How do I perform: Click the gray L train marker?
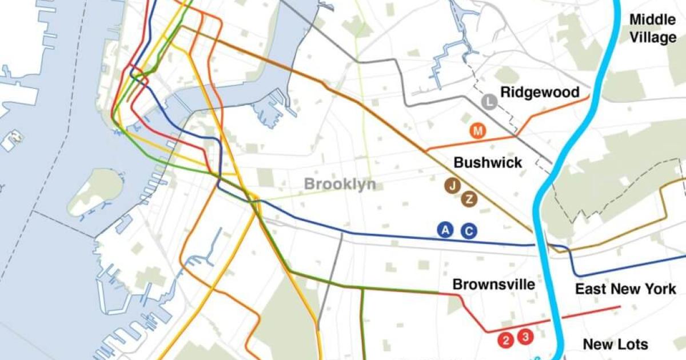[x=489, y=103]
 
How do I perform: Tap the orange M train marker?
[x=478, y=131]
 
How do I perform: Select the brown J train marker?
[x=453, y=185]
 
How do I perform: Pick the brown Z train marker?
[x=469, y=199]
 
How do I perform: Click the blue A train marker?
[x=445, y=230]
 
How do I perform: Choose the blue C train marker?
[x=469, y=230]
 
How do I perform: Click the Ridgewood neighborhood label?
[x=540, y=93]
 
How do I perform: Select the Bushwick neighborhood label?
[x=488, y=163]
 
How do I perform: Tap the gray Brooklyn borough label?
[x=340, y=184]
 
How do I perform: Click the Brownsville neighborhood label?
[x=493, y=285]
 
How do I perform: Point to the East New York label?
[x=625, y=289]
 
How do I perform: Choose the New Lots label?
[x=615, y=345]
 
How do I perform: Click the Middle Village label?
[x=652, y=29]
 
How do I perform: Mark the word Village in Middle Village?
[x=652, y=38]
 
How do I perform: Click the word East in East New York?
[x=592, y=289]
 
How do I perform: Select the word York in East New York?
[x=659, y=289]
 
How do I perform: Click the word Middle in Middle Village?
[x=652, y=20]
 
